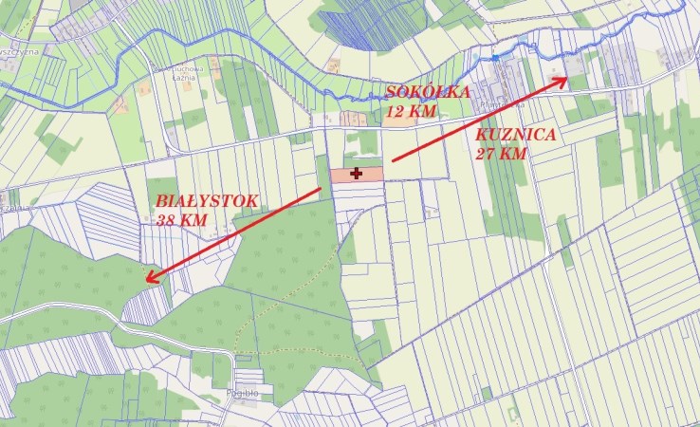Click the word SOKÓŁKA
[428, 91]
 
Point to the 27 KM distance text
[501, 153]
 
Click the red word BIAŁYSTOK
[206, 201]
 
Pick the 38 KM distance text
[180, 219]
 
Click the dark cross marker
[357, 174]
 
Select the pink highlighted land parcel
[370, 175]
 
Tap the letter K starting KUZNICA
[481, 136]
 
